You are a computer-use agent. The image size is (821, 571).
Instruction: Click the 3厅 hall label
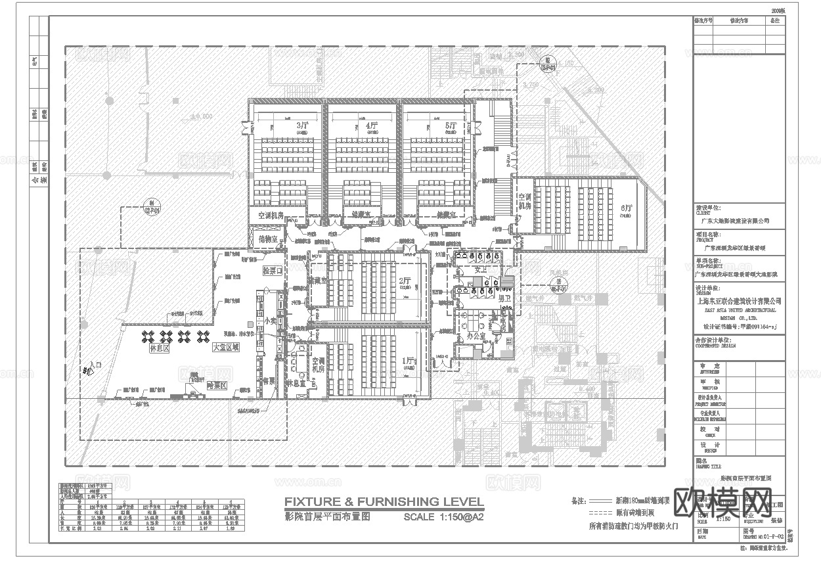click(x=301, y=125)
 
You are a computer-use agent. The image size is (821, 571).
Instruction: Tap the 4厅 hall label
click(x=372, y=125)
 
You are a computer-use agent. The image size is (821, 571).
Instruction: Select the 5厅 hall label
click(x=450, y=125)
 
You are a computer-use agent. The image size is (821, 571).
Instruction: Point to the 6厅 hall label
click(x=626, y=208)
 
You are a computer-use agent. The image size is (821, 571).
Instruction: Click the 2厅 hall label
click(x=404, y=282)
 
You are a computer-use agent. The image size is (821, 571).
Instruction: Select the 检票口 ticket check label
click(x=271, y=270)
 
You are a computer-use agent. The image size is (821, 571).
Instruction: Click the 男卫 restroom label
click(x=505, y=300)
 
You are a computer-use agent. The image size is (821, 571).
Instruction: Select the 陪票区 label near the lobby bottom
click(x=216, y=386)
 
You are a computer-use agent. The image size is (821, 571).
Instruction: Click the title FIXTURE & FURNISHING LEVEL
click(x=384, y=503)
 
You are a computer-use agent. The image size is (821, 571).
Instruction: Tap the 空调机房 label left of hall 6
click(x=524, y=201)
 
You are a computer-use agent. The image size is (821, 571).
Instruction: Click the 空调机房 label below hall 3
click(x=270, y=216)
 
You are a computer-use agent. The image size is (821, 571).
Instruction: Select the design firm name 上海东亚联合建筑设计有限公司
click(x=738, y=301)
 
